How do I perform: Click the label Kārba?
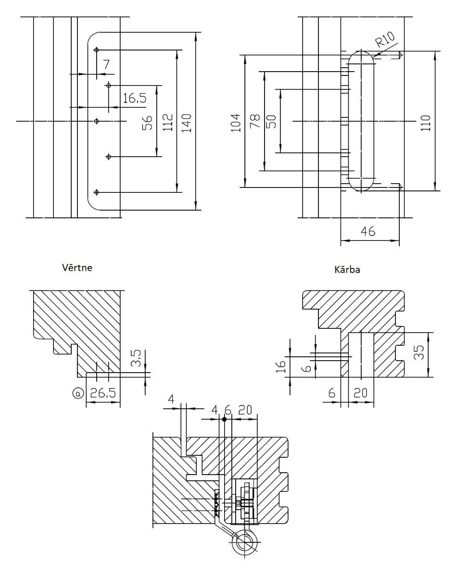tap(347, 270)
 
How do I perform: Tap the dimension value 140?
tap(188, 122)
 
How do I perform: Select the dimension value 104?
tap(236, 122)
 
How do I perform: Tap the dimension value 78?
tap(255, 121)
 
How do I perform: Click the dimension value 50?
tap(271, 121)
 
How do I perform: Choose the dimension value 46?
tap(368, 232)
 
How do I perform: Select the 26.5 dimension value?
tap(103, 393)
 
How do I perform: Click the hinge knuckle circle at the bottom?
tap(244, 543)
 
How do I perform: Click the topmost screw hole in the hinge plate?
tap(97, 50)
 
